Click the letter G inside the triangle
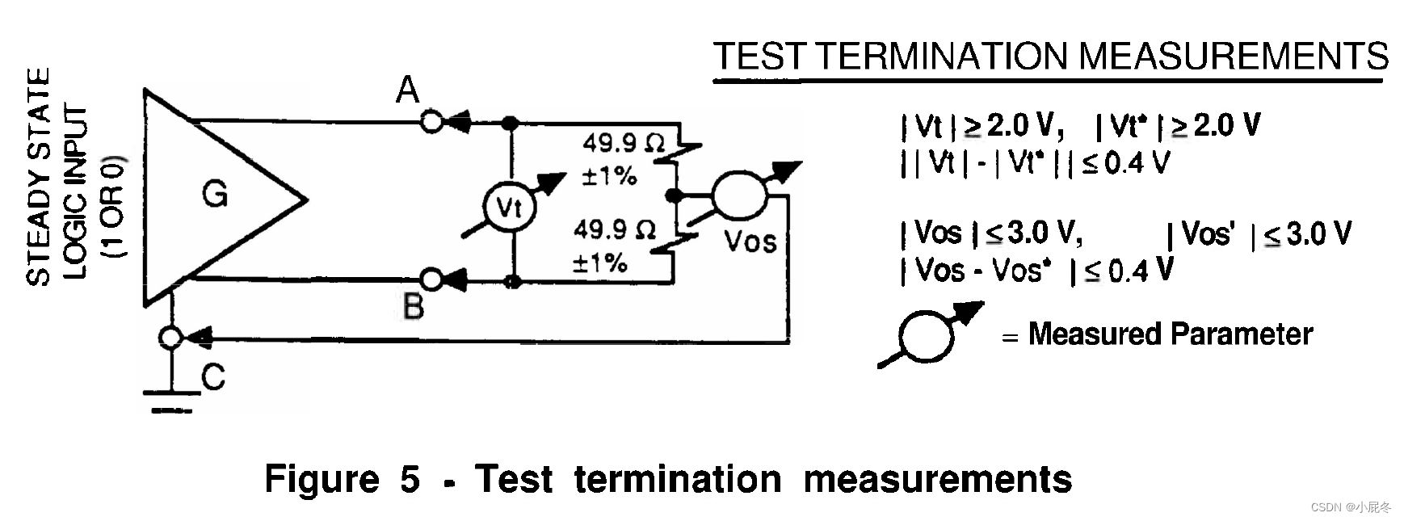[215, 195]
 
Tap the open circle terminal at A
[432, 122]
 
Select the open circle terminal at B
[432, 279]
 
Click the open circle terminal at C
[170, 337]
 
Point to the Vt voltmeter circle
[509, 208]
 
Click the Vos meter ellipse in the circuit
[740, 195]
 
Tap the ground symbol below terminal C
[171, 401]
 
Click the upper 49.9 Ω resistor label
[623, 144]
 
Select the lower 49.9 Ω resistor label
[614, 230]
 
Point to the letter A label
[408, 90]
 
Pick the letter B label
[413, 307]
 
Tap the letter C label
[213, 377]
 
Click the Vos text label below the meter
[750, 241]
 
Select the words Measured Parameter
[1170, 334]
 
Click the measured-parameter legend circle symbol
[927, 335]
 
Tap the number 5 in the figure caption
[410, 479]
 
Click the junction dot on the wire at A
[510, 123]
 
